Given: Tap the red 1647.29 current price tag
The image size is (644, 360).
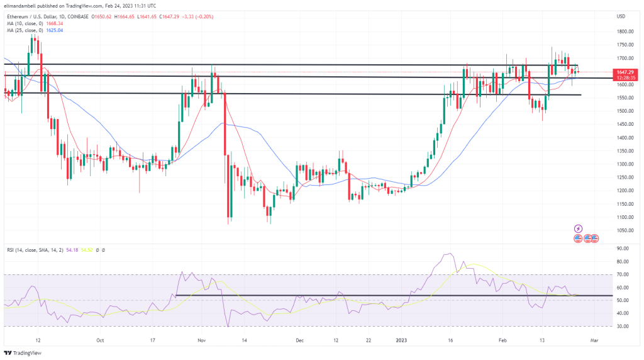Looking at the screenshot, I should [x=625, y=72].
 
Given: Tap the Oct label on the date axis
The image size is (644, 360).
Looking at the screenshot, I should [x=100, y=339].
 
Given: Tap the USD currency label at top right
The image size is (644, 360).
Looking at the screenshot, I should [x=621, y=16].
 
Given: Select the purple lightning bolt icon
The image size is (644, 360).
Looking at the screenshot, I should [x=579, y=228].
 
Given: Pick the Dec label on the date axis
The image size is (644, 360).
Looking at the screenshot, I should [x=299, y=339].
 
